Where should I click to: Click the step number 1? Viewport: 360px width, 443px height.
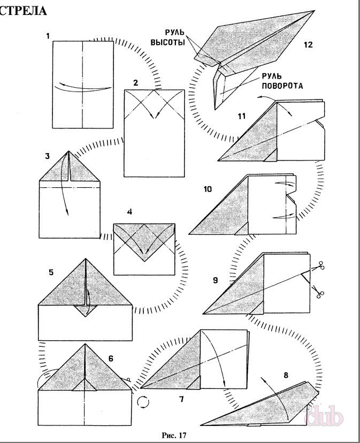click(48, 36)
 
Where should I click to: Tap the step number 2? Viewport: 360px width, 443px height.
click(136, 83)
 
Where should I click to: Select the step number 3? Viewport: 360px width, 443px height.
click(48, 156)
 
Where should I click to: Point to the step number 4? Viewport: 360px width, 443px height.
click(130, 212)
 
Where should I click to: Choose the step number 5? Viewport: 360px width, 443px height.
click(51, 272)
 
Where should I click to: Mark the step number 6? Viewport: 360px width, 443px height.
click(111, 359)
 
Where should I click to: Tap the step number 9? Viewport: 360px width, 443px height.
click(214, 279)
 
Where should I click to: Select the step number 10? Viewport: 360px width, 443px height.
click(208, 189)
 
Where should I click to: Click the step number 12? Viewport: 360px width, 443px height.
click(308, 45)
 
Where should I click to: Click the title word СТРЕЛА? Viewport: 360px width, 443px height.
click(22, 11)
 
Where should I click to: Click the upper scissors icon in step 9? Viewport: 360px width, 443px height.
click(321, 265)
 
